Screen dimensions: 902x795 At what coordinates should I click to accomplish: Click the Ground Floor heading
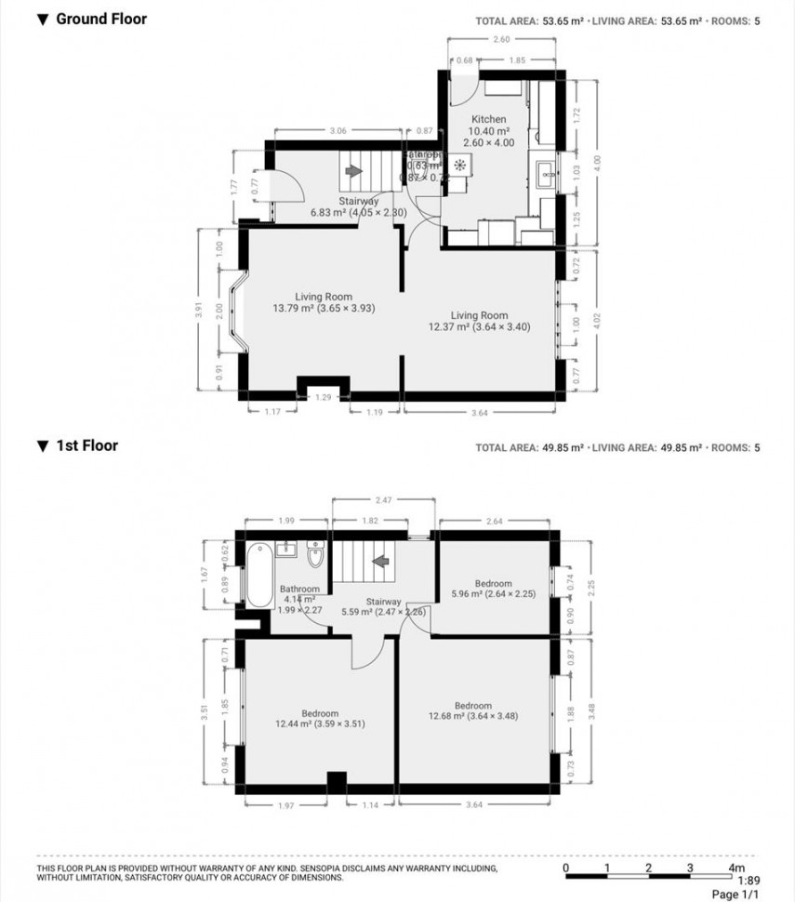[101, 19]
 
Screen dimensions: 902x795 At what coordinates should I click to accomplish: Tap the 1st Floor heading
[87, 445]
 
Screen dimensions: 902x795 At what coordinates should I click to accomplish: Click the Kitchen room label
[488, 119]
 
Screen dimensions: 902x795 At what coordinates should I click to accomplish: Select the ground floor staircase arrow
[352, 171]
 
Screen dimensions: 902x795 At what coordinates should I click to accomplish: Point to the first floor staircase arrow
[379, 561]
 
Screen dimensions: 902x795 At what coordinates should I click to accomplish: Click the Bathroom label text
[299, 589]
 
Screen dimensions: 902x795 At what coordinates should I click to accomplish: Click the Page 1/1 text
[735, 894]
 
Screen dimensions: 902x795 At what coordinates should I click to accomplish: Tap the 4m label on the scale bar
[735, 867]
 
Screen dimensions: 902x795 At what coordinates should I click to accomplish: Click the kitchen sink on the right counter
[546, 171]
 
